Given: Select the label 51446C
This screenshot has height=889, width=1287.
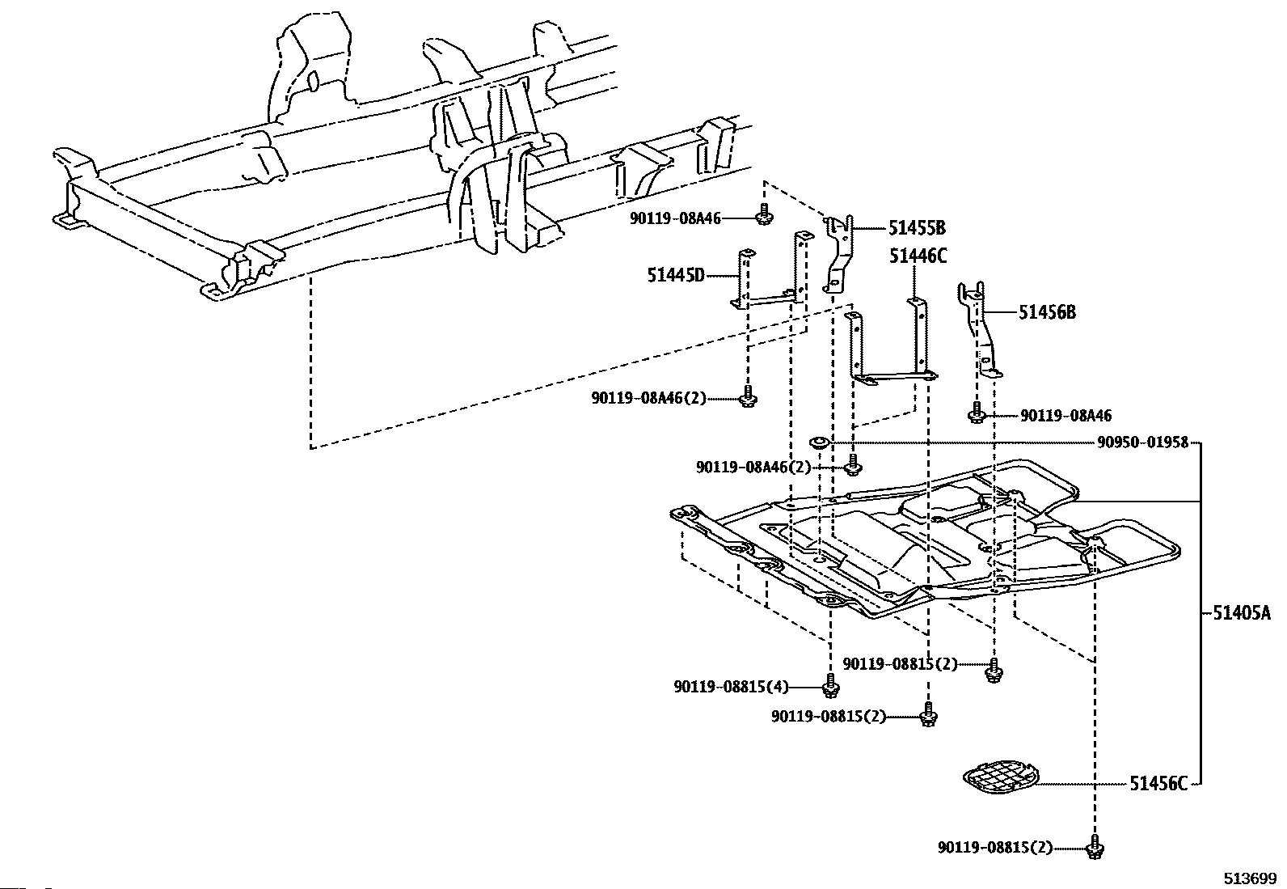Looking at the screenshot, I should pos(918,256).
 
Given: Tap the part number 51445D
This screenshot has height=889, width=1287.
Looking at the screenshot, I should pos(676,275).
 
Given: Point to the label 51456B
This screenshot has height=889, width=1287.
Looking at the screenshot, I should pos(1047,311).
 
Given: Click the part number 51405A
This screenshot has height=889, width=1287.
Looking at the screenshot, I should pos(1241,613).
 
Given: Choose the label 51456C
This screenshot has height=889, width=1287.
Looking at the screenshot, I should pos(1158,783).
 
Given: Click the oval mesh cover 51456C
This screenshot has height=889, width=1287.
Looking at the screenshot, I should pos(1001,777).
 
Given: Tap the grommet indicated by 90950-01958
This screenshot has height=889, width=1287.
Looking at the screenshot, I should pos(818,442).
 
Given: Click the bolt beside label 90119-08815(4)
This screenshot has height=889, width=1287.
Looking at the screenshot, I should pos(830,688).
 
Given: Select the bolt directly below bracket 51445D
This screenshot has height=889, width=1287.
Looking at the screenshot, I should pos(748,397).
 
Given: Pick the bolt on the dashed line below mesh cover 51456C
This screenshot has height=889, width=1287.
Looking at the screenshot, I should pos(1095,848).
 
